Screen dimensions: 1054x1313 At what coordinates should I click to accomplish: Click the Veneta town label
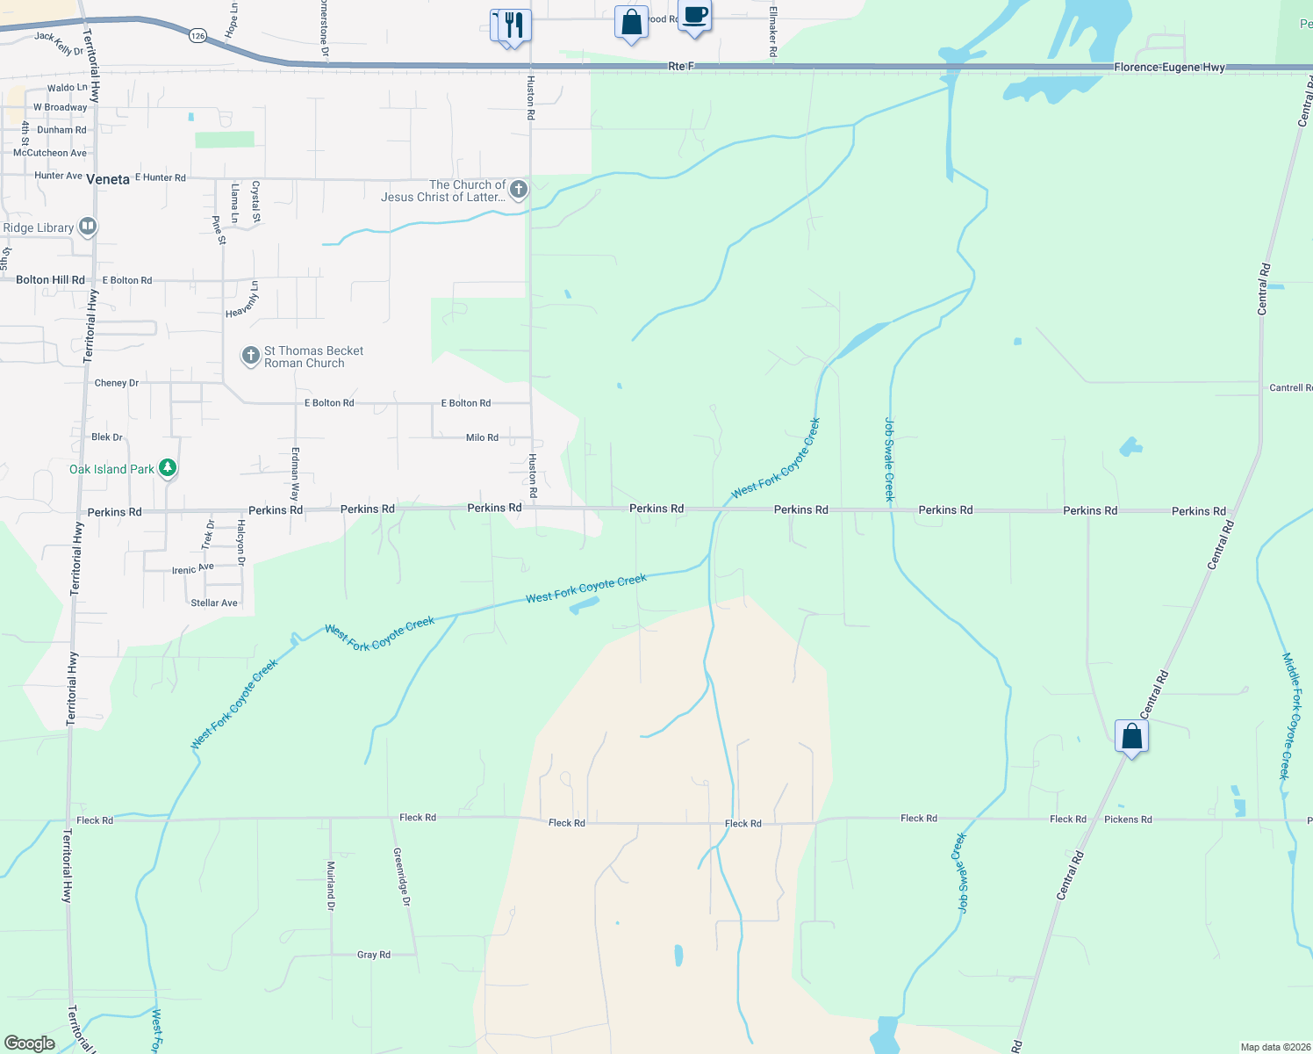108,179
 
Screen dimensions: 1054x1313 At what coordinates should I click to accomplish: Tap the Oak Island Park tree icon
168,468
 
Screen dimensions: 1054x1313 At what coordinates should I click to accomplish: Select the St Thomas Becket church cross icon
251,356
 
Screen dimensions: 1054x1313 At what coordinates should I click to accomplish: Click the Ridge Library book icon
87,227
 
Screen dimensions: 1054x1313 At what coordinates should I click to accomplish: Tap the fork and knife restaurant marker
514,24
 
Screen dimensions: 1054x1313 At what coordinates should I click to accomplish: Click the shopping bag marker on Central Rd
1131,736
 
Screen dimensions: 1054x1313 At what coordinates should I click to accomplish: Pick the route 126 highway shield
197,36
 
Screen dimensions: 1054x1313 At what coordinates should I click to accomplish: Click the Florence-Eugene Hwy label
1169,67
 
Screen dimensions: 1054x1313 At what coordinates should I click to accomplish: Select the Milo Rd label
482,437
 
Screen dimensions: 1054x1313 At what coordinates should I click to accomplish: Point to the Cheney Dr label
116,383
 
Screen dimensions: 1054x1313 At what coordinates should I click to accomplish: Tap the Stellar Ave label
214,603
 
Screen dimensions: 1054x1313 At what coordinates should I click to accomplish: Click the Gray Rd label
373,955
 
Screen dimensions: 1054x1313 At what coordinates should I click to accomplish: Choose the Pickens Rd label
1128,819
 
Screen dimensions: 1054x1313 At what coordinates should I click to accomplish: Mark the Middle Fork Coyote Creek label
1291,716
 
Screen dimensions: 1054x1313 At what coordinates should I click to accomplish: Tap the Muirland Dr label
331,885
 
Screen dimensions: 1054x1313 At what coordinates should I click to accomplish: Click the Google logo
29,1043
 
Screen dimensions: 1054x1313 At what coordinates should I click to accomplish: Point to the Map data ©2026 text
1275,1047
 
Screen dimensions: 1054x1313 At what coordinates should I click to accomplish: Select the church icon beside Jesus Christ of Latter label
519,189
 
